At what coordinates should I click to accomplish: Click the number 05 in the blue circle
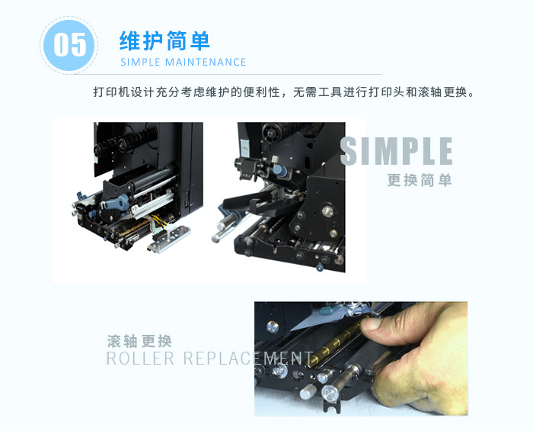pos(70,44)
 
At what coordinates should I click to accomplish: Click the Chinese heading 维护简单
pos(164,41)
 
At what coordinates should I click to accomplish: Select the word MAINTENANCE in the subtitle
pos(206,62)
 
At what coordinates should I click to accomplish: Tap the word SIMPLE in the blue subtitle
pos(140,62)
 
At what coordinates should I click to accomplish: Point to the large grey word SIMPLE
pos(397,151)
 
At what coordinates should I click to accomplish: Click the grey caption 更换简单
pos(420,180)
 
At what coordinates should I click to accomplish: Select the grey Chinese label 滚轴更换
pos(139,341)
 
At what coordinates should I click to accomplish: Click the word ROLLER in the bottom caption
pos(140,358)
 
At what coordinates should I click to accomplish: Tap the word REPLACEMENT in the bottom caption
pos(247,358)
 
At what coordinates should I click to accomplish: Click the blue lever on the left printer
pos(116,202)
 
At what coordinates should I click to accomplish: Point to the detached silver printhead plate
pos(169,240)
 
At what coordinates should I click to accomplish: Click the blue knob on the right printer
pos(280,170)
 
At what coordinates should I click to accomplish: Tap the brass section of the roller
pos(335,345)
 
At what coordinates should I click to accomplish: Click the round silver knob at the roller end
pos(330,393)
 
